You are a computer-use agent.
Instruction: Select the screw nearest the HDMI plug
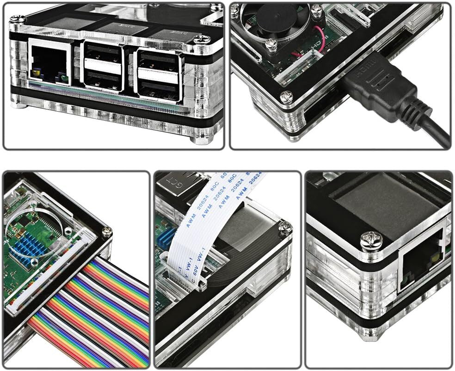287,96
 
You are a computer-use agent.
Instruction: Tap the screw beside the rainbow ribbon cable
106,233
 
